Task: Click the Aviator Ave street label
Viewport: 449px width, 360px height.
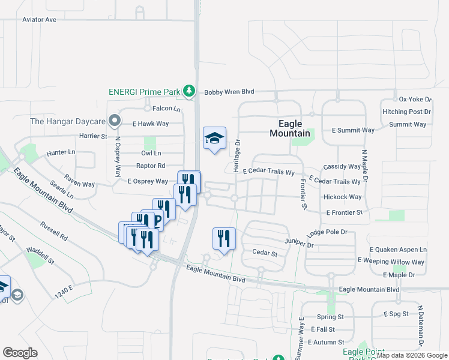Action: [39, 20]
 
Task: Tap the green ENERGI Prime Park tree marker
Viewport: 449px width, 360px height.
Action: [190, 91]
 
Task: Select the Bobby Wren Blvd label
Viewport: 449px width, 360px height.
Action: [229, 92]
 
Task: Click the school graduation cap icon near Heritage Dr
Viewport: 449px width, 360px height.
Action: [214, 139]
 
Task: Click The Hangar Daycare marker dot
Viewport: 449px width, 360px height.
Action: [113, 121]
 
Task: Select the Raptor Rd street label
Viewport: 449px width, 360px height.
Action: [150, 166]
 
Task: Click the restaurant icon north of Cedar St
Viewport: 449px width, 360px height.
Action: [223, 239]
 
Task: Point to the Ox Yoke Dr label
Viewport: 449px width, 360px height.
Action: [415, 99]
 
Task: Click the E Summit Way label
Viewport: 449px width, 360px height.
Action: [353, 130]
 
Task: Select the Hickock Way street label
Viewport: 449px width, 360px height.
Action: [342, 197]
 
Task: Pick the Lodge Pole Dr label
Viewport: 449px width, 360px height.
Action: [327, 232]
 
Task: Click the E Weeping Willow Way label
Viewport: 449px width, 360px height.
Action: [390, 261]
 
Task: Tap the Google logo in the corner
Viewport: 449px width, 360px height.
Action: [20, 352]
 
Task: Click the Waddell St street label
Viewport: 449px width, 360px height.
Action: [40, 253]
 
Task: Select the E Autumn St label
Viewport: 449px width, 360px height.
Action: [325, 341]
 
